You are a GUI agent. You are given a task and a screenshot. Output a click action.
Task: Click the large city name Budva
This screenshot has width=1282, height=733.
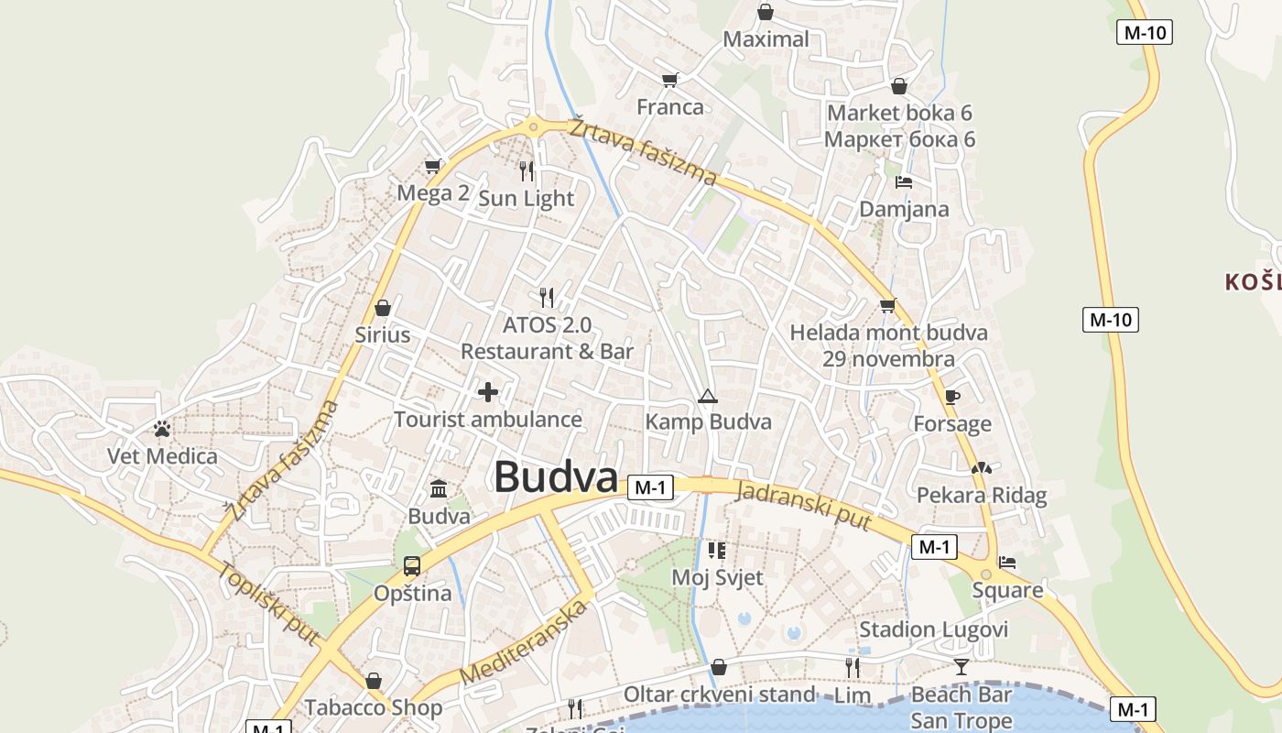click(x=556, y=477)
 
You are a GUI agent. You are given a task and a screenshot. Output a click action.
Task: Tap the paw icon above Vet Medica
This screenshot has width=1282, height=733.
click(x=163, y=428)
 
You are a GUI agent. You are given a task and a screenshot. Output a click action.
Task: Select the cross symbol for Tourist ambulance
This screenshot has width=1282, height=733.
click(x=488, y=392)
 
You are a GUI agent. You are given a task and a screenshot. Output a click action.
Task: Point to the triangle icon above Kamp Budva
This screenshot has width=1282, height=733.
click(x=707, y=396)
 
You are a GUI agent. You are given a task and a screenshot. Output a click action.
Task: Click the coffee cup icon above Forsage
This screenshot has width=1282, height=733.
click(x=952, y=397)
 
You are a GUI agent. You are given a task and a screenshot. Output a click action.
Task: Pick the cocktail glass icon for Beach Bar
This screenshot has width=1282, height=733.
click(x=961, y=666)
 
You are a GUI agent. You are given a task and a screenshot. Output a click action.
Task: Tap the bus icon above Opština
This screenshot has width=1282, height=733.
click(x=412, y=565)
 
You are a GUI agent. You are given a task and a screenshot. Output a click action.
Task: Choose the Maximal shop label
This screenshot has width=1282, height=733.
click(x=766, y=39)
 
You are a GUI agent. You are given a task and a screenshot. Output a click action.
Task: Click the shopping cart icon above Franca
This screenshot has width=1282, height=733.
click(x=670, y=80)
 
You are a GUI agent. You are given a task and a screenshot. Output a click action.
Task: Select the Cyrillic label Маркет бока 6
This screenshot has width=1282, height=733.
click(x=899, y=139)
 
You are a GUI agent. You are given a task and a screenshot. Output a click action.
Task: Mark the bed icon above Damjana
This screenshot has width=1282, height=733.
click(x=904, y=182)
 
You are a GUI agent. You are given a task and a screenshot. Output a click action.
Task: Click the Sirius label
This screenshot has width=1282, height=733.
click(x=383, y=334)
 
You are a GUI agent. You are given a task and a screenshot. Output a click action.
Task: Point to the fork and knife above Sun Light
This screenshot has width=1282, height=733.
click(x=527, y=170)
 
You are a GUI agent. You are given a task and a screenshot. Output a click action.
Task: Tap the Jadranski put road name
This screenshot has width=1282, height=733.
click(x=803, y=505)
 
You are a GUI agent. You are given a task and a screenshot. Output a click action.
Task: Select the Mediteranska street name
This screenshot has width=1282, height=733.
click(x=524, y=642)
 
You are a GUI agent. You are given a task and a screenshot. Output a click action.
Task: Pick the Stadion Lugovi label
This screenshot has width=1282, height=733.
click(x=933, y=629)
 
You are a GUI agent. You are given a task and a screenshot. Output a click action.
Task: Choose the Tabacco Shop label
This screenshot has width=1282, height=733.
click(x=374, y=707)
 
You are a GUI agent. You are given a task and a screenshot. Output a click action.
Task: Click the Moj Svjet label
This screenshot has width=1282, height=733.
click(x=717, y=577)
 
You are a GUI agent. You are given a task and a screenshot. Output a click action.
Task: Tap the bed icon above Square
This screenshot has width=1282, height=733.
click(x=1007, y=563)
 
